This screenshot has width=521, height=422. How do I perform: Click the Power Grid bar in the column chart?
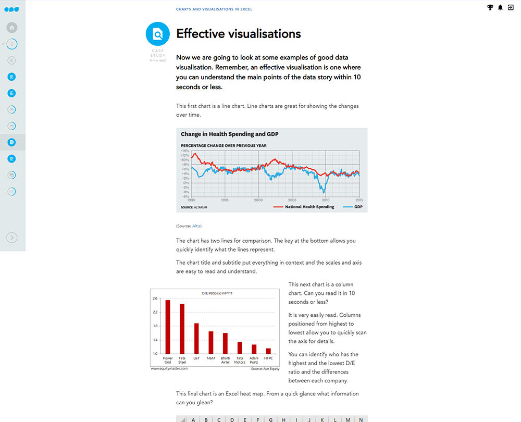coord(168,327)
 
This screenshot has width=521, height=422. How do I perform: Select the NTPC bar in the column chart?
coord(268,351)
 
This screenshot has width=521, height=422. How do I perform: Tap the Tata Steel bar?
coord(182,329)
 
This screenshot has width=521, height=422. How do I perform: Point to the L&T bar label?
coord(196,358)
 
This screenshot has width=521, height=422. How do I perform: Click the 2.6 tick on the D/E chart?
coord(155,299)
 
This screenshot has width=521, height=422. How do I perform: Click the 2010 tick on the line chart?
coord(326,200)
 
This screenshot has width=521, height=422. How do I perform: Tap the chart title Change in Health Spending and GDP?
coord(230,134)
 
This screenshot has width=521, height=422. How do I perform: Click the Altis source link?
coord(196,226)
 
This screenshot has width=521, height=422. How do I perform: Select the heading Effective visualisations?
coord(239,34)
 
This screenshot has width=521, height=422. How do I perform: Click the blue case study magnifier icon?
coord(157,34)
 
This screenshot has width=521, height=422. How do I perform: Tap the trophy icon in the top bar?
coord(490,7)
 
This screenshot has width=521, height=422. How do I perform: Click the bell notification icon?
coord(501,7)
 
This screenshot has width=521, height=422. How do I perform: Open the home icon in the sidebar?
coord(12,28)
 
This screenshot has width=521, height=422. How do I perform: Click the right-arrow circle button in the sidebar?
coord(12,238)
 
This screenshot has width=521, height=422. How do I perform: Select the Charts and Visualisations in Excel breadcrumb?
coord(214,9)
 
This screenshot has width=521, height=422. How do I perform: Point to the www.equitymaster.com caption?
coord(169,368)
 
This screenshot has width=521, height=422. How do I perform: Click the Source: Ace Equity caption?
coord(265,369)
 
